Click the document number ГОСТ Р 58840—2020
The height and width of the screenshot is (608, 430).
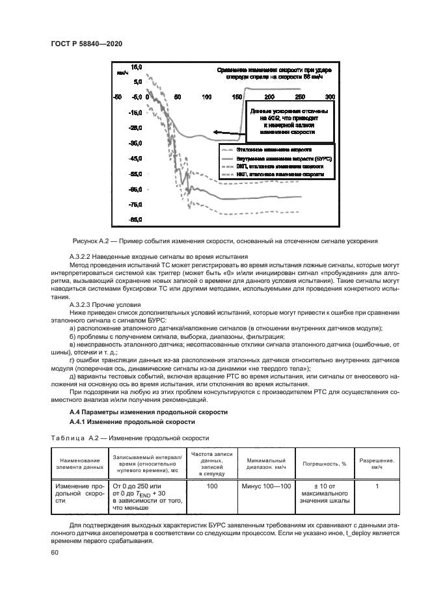(86, 44)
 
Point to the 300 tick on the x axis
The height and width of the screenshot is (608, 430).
(330, 96)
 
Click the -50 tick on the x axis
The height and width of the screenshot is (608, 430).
(116, 96)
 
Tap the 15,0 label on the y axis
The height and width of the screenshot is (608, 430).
(137, 66)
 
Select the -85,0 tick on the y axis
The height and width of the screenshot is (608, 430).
(136, 220)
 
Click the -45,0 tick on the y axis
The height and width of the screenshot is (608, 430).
(136, 159)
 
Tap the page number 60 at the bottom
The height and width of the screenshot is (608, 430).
(54, 553)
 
